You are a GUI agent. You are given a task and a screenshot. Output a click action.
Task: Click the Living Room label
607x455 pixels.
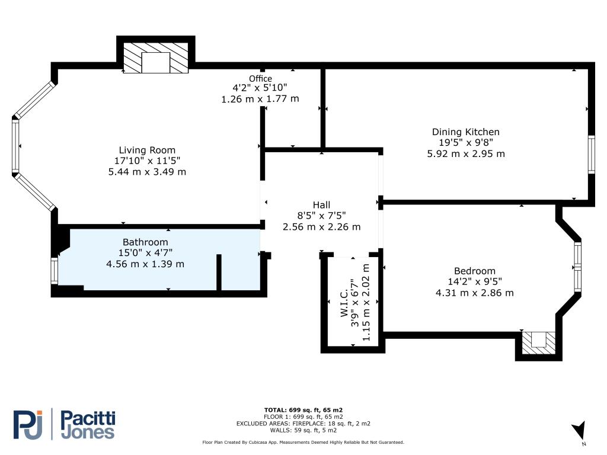(x=147, y=150)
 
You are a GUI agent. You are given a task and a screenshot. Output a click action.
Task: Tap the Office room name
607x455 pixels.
(x=260, y=79)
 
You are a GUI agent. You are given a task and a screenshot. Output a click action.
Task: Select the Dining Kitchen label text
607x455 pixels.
(x=466, y=132)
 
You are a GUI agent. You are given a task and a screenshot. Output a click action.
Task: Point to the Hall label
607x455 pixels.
(x=322, y=205)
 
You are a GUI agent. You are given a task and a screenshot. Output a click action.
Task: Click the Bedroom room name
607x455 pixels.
(x=475, y=271)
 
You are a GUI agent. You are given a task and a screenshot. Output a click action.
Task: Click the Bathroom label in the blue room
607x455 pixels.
(x=145, y=242)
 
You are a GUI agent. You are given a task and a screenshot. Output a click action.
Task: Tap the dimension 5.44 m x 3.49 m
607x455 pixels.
(x=147, y=172)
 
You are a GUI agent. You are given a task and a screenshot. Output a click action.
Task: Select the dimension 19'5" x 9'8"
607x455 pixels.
(x=466, y=143)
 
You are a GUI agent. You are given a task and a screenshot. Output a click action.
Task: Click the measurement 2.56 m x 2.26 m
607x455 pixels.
(x=322, y=227)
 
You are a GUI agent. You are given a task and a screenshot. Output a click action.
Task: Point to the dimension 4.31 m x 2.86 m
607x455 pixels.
(x=475, y=293)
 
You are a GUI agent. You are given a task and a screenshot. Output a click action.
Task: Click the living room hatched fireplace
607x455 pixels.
(x=156, y=57)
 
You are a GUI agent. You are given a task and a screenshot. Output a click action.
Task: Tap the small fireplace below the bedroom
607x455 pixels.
(x=538, y=343)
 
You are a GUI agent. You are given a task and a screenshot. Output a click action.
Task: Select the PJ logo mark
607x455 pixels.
(x=28, y=425)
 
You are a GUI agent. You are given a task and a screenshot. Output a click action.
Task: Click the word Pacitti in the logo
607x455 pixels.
(x=88, y=419)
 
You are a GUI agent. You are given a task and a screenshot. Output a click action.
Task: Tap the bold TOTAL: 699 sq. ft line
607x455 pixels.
(x=303, y=410)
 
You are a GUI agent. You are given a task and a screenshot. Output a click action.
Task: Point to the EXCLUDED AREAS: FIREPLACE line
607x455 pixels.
(x=303, y=424)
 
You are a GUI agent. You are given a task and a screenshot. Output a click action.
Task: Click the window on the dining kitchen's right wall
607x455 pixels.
(x=591, y=155)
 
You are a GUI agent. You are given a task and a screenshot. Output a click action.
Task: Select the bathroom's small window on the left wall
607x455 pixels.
(x=55, y=271)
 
